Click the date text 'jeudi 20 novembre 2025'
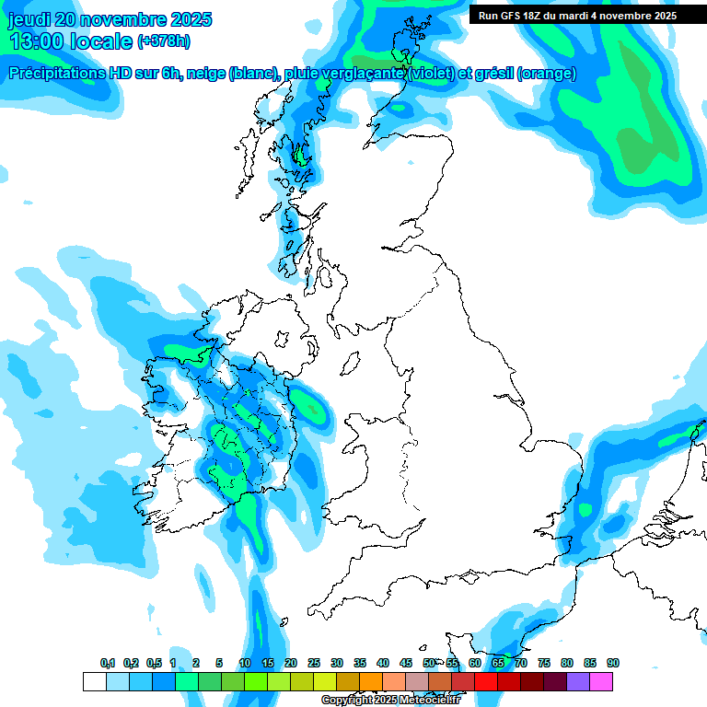click(x=110, y=19)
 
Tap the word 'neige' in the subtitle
click(x=207, y=75)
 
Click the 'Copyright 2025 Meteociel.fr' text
click(x=390, y=700)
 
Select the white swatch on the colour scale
click(x=94, y=682)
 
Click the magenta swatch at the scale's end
click(x=601, y=682)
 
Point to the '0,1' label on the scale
click(x=107, y=663)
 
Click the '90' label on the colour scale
click(x=612, y=663)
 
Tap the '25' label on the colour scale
click(x=314, y=663)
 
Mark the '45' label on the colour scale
click(x=406, y=663)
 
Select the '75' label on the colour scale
click(x=544, y=663)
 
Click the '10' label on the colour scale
click(x=245, y=663)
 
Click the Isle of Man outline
click(x=351, y=365)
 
